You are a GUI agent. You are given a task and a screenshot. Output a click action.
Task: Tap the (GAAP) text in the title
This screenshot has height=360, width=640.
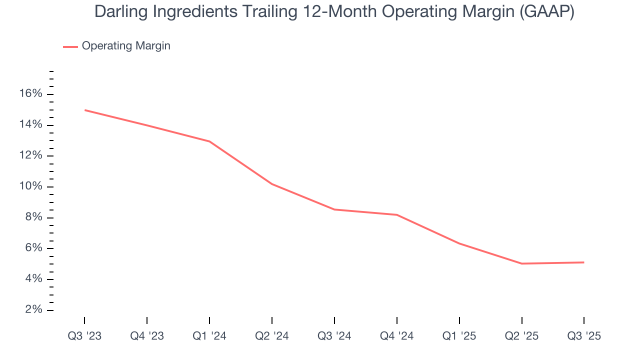[546, 12]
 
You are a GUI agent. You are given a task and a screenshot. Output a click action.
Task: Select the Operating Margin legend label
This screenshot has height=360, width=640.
[126, 46]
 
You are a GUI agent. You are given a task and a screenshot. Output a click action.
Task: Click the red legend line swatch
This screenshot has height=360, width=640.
[70, 46]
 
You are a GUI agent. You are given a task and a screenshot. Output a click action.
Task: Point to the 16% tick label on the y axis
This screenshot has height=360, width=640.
[30, 94]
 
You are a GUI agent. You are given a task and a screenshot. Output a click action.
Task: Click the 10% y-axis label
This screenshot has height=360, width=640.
[30, 186]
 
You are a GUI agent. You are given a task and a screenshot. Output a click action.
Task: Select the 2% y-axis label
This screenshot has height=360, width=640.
[33, 310]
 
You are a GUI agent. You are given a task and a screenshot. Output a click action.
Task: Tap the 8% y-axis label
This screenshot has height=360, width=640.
[33, 217]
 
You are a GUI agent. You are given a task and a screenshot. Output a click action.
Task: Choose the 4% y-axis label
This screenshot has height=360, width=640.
[33, 279]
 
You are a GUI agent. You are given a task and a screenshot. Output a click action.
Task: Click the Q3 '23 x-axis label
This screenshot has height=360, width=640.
[84, 336]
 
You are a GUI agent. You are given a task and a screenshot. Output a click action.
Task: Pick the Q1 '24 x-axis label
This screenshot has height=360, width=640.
[209, 336]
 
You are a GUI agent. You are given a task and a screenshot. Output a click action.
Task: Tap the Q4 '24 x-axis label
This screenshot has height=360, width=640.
[397, 336]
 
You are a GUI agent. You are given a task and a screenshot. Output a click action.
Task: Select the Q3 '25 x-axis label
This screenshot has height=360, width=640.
[584, 336]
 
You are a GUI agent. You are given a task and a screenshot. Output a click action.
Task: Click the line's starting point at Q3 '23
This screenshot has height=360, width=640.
[84, 110]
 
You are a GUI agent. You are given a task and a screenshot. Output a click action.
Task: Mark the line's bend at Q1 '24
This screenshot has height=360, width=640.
[209, 141]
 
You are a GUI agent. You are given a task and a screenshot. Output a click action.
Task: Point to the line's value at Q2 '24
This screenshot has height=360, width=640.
[272, 184]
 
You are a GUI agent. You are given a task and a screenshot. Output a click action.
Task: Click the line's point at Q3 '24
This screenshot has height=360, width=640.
[334, 209]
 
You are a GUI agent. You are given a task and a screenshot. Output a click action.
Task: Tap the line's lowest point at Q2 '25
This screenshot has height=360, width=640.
[522, 263]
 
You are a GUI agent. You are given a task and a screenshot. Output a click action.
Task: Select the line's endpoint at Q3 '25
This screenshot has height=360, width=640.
[584, 262]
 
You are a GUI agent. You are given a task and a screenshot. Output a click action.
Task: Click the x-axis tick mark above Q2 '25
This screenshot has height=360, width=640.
[522, 320]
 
